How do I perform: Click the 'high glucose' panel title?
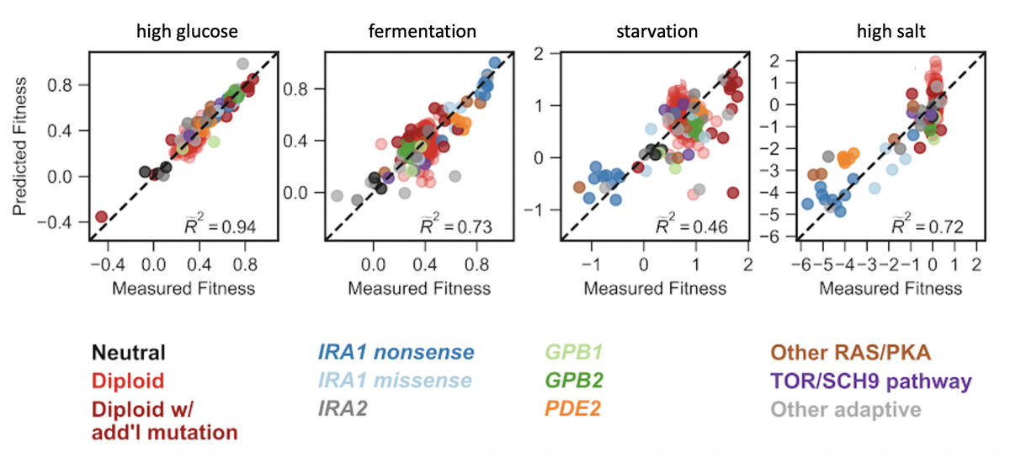pyautogui.click(x=188, y=33)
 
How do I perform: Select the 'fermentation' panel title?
pyautogui.click(x=423, y=33)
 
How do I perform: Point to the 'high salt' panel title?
pyautogui.click(x=890, y=33)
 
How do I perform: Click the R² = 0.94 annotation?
pyautogui.click(x=220, y=225)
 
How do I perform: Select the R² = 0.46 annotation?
pyautogui.click(x=691, y=225)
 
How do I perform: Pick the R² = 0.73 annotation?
pyautogui.click(x=455, y=225)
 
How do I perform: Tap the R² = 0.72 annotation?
pyautogui.click(x=927, y=225)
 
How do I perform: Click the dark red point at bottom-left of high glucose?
pyautogui.click(x=102, y=216)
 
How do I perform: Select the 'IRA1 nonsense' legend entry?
pyautogui.click(x=396, y=352)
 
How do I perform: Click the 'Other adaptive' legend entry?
pyautogui.click(x=843, y=408)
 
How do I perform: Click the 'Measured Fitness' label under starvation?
pyautogui.click(x=656, y=289)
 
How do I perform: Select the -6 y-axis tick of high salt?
pyautogui.click(x=782, y=238)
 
